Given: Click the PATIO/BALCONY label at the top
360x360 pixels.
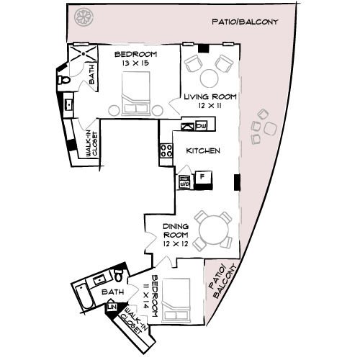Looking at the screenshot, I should coord(245,22).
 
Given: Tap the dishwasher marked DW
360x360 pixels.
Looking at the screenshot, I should coord(201,126).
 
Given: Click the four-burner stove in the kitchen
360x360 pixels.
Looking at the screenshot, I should coord(166,151).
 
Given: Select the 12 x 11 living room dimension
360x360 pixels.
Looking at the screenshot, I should coord(210,105).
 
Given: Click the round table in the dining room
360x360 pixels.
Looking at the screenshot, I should coord(214,232).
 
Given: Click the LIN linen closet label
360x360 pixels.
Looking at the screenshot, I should coord(112,308).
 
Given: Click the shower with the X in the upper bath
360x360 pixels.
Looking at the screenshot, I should coord(85,55).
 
